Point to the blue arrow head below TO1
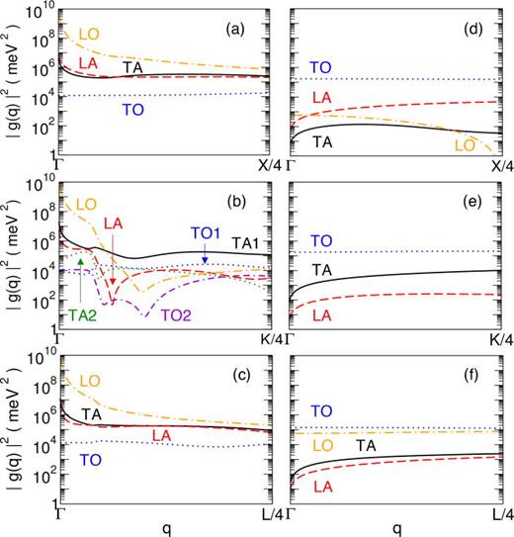205,260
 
